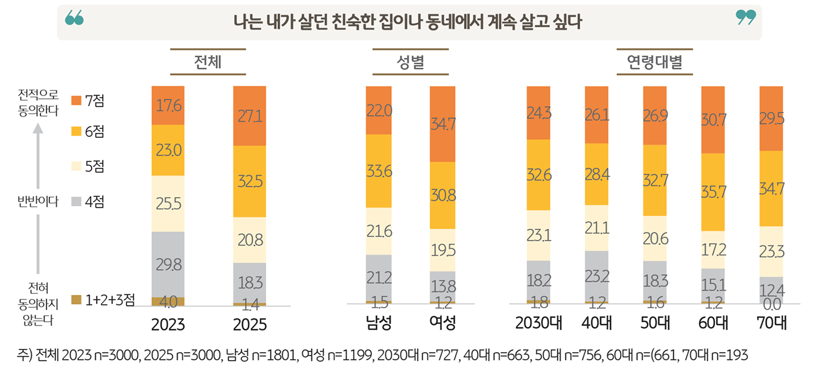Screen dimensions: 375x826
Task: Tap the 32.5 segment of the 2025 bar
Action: (250, 181)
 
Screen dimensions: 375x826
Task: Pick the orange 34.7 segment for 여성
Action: (443, 124)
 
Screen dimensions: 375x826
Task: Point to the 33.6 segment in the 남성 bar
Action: (379, 171)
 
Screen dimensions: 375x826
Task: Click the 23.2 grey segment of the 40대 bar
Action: (597, 274)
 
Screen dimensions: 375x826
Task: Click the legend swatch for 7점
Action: (77, 101)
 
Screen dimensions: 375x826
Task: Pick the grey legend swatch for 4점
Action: (77, 202)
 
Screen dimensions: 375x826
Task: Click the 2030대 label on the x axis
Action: (538, 323)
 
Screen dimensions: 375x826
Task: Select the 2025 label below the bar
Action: (250, 324)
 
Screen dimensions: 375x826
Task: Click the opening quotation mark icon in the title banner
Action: (74, 18)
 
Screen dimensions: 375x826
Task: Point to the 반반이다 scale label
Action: (38, 202)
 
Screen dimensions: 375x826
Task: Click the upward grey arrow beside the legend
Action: (38, 156)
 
